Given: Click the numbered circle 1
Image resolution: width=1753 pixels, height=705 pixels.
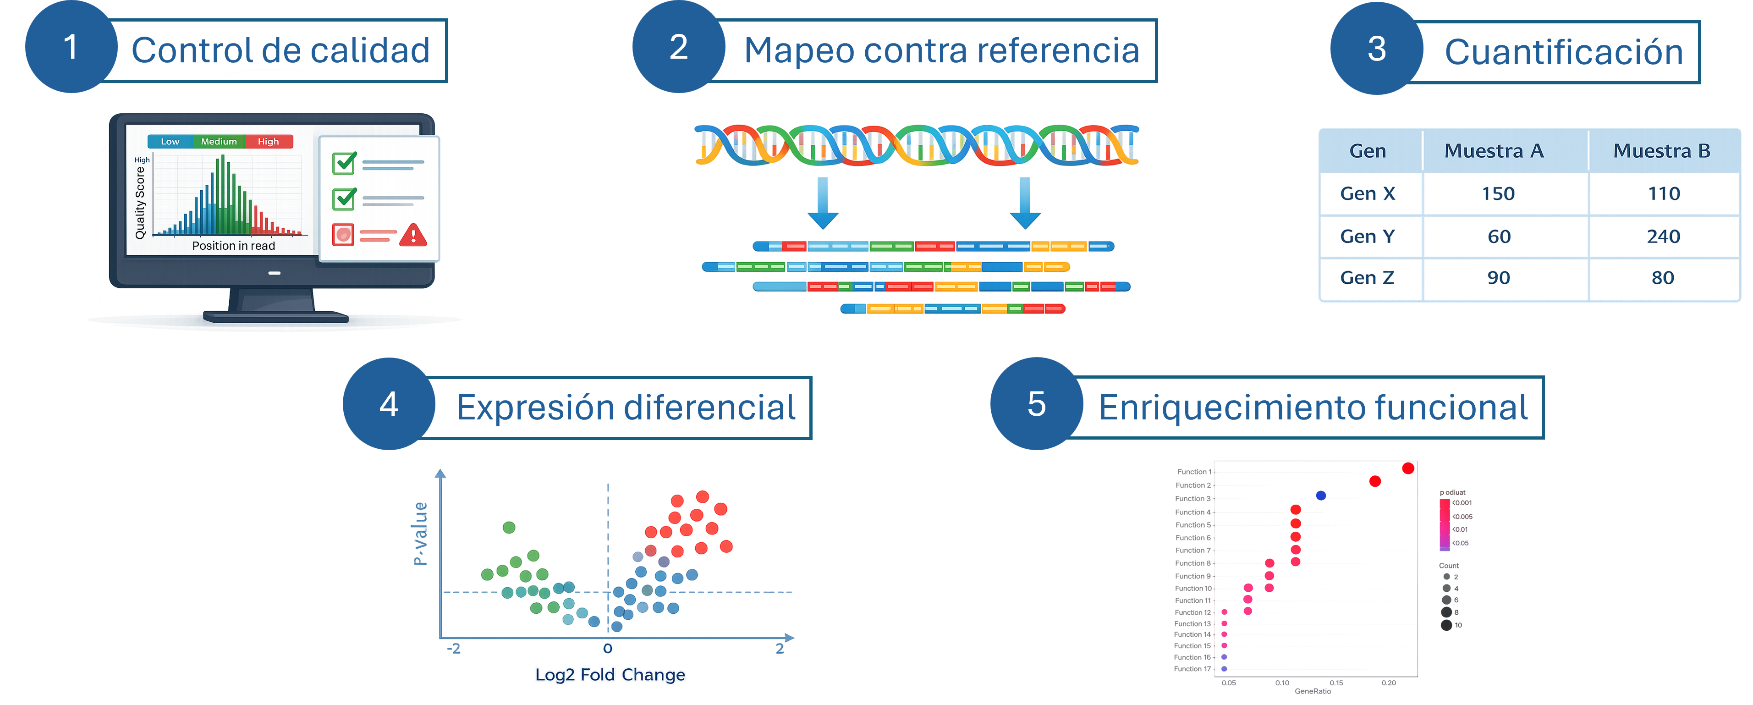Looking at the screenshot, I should [70, 48].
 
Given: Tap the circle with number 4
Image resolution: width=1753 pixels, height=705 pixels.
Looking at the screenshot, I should [389, 404].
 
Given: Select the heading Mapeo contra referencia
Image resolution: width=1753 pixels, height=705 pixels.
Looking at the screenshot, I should [941, 50].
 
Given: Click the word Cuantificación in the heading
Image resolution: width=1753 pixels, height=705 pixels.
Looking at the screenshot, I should [1564, 52].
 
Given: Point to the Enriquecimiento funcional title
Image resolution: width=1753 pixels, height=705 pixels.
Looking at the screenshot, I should [1313, 408].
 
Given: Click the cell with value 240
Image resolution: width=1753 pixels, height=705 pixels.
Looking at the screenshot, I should [1663, 236].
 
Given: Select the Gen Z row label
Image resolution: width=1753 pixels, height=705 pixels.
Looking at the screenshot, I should [1367, 278].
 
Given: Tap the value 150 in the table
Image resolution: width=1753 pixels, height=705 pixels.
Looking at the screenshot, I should [1498, 193].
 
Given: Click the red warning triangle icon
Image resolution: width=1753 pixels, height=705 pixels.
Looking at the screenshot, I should [413, 236].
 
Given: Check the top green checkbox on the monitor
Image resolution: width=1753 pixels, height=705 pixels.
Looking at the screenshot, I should [344, 163].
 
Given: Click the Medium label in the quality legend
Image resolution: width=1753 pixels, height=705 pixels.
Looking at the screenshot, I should [219, 142].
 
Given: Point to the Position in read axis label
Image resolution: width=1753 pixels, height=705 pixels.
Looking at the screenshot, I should [233, 246].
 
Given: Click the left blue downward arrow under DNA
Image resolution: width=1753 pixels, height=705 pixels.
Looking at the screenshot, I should [822, 202].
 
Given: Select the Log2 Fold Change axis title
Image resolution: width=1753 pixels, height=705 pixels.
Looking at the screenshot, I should [610, 674].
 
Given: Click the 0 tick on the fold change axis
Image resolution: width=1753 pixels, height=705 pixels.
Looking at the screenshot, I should [608, 649].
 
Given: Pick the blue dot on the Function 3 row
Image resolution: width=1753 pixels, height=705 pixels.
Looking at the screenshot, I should [1320, 496].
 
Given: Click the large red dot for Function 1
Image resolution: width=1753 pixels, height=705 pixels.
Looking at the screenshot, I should [1408, 468].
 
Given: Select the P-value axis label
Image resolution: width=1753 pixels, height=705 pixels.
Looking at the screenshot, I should [421, 534].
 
